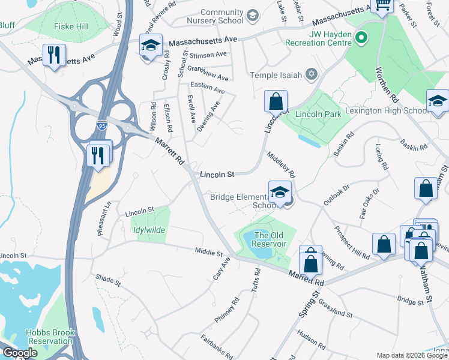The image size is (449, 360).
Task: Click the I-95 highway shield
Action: tap(102, 125)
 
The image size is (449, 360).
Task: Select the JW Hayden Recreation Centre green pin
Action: tap(361, 40)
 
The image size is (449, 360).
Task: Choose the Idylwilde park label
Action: tap(148, 230)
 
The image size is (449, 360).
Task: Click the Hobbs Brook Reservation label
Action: tap(49, 337)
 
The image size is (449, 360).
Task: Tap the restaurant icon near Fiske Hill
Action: tap(55, 56)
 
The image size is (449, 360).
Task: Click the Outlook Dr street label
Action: tap(337, 195)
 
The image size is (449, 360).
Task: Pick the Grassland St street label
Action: tap(334, 308)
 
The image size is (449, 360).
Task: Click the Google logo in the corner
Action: tap(19, 353)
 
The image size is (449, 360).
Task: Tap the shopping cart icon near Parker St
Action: tap(381, 5)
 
